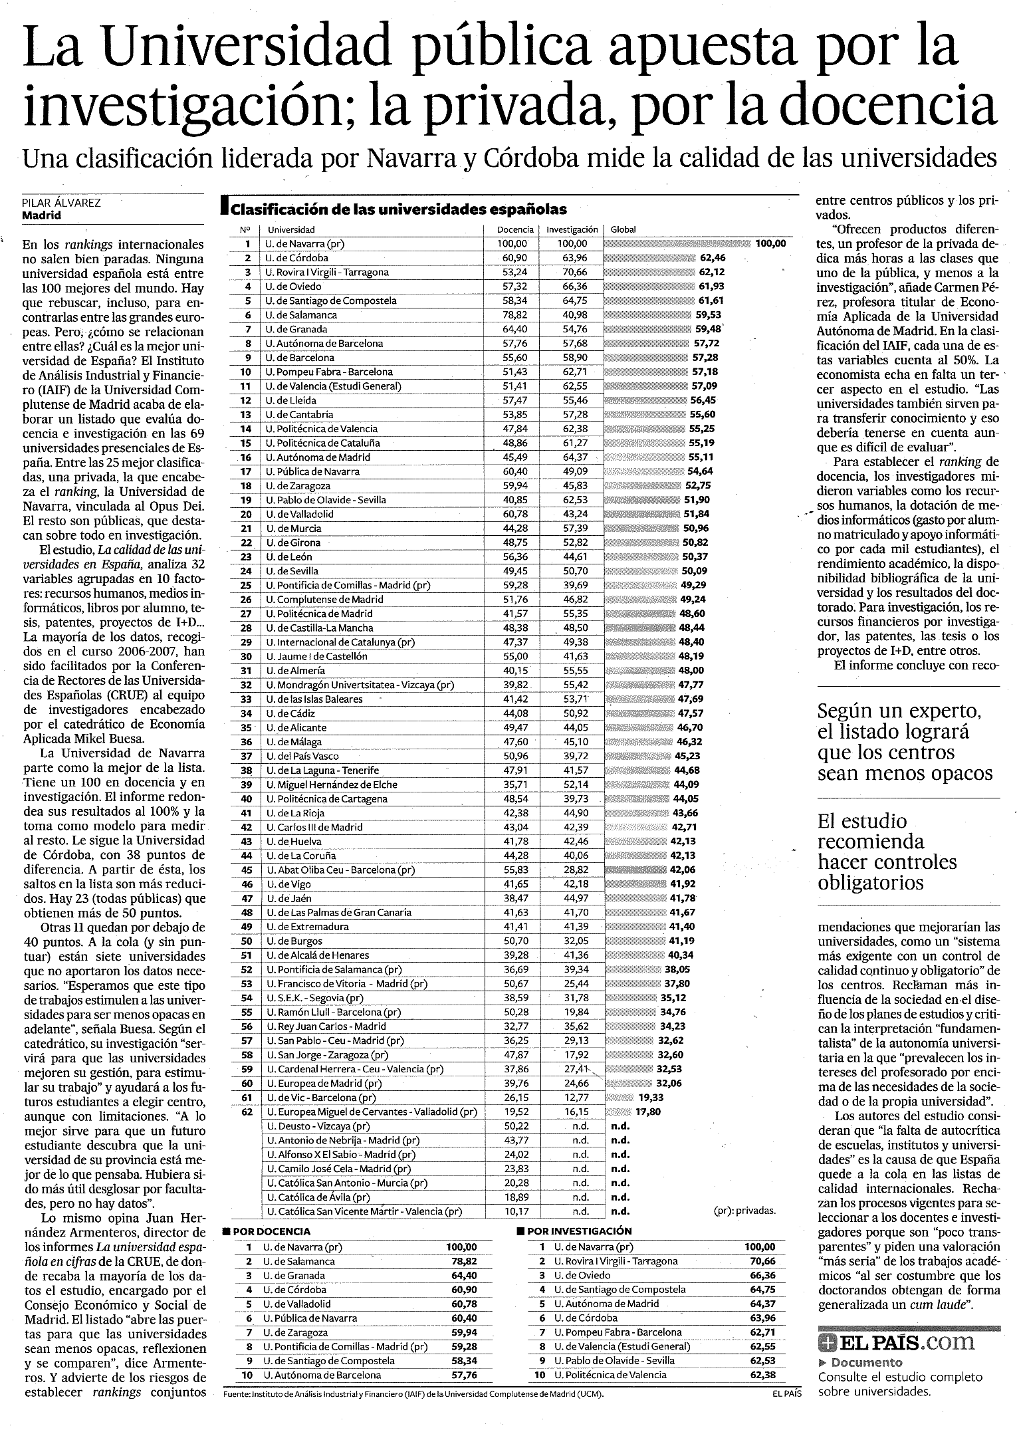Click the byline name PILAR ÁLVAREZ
61,203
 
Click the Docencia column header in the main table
515,229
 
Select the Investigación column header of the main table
572,229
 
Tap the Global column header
623,229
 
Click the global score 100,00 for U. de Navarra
770,243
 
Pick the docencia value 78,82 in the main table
512,314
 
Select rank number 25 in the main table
246,585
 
